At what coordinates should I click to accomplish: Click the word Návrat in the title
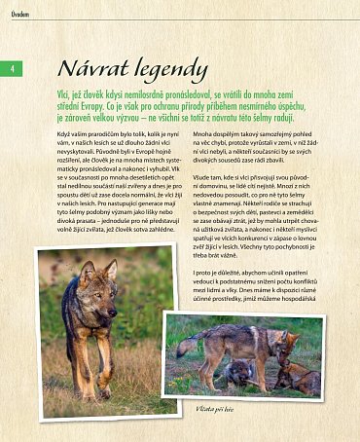(x=93, y=69)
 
